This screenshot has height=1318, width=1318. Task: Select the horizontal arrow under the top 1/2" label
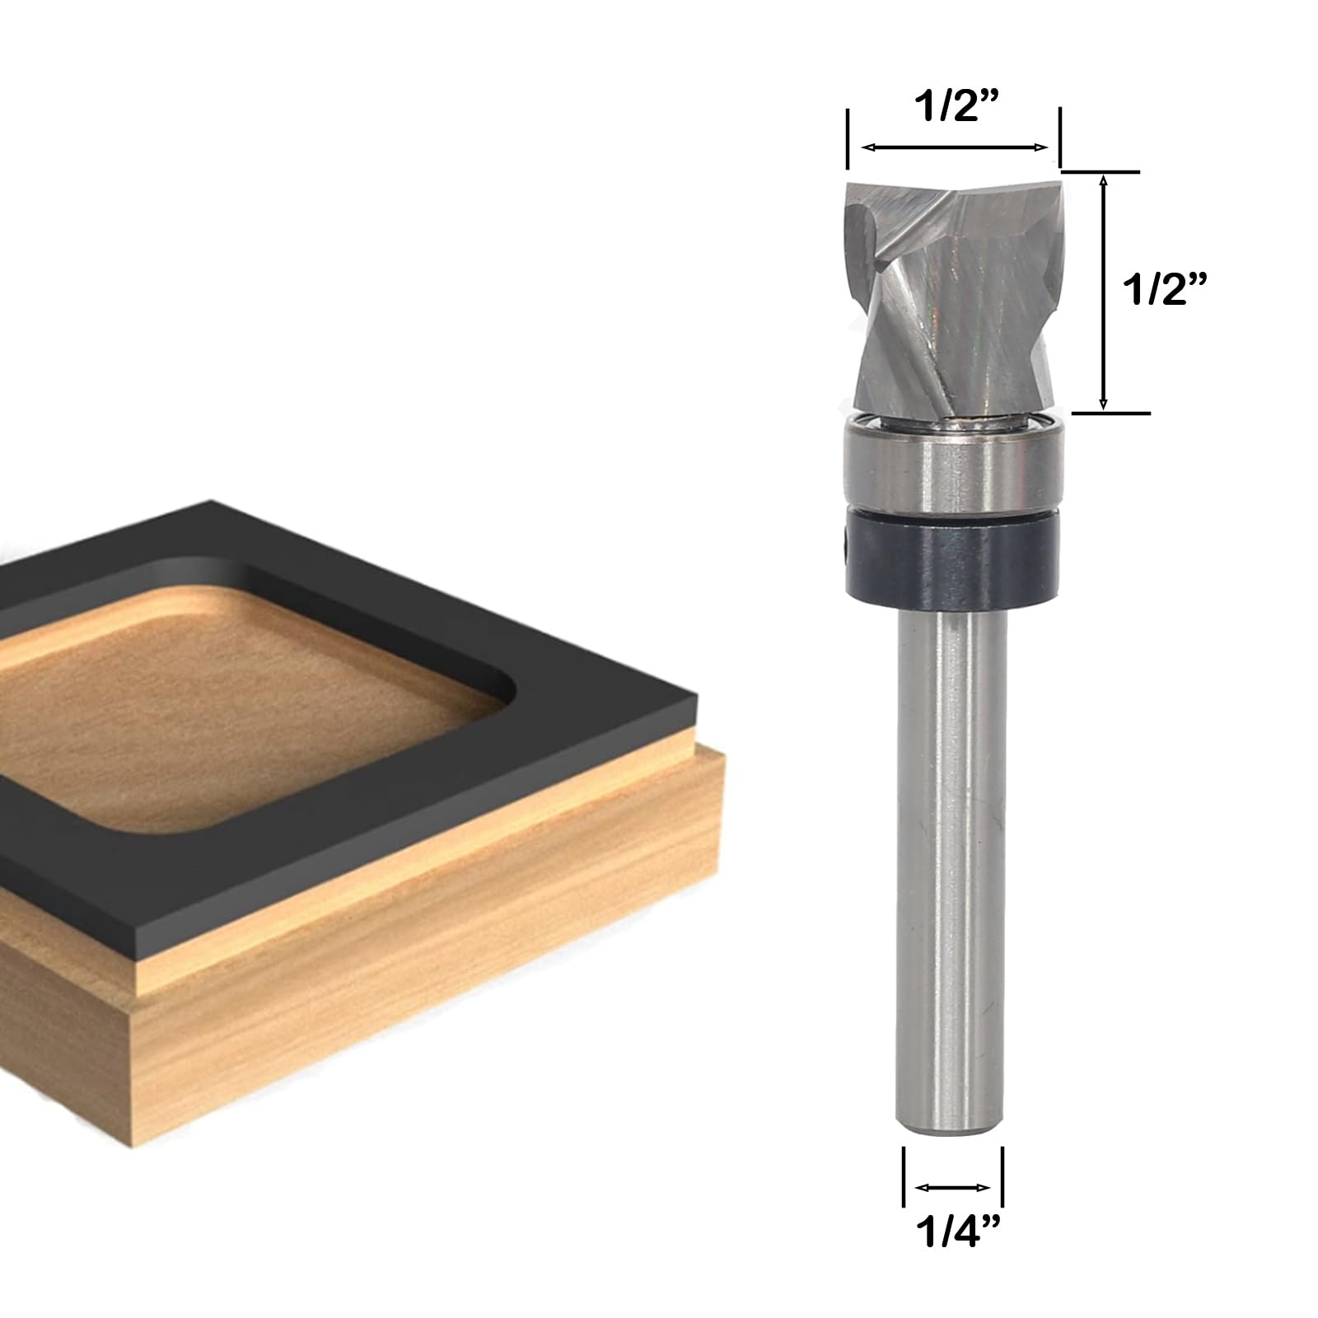[955, 147]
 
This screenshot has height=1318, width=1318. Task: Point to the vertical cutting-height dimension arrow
[1104, 292]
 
